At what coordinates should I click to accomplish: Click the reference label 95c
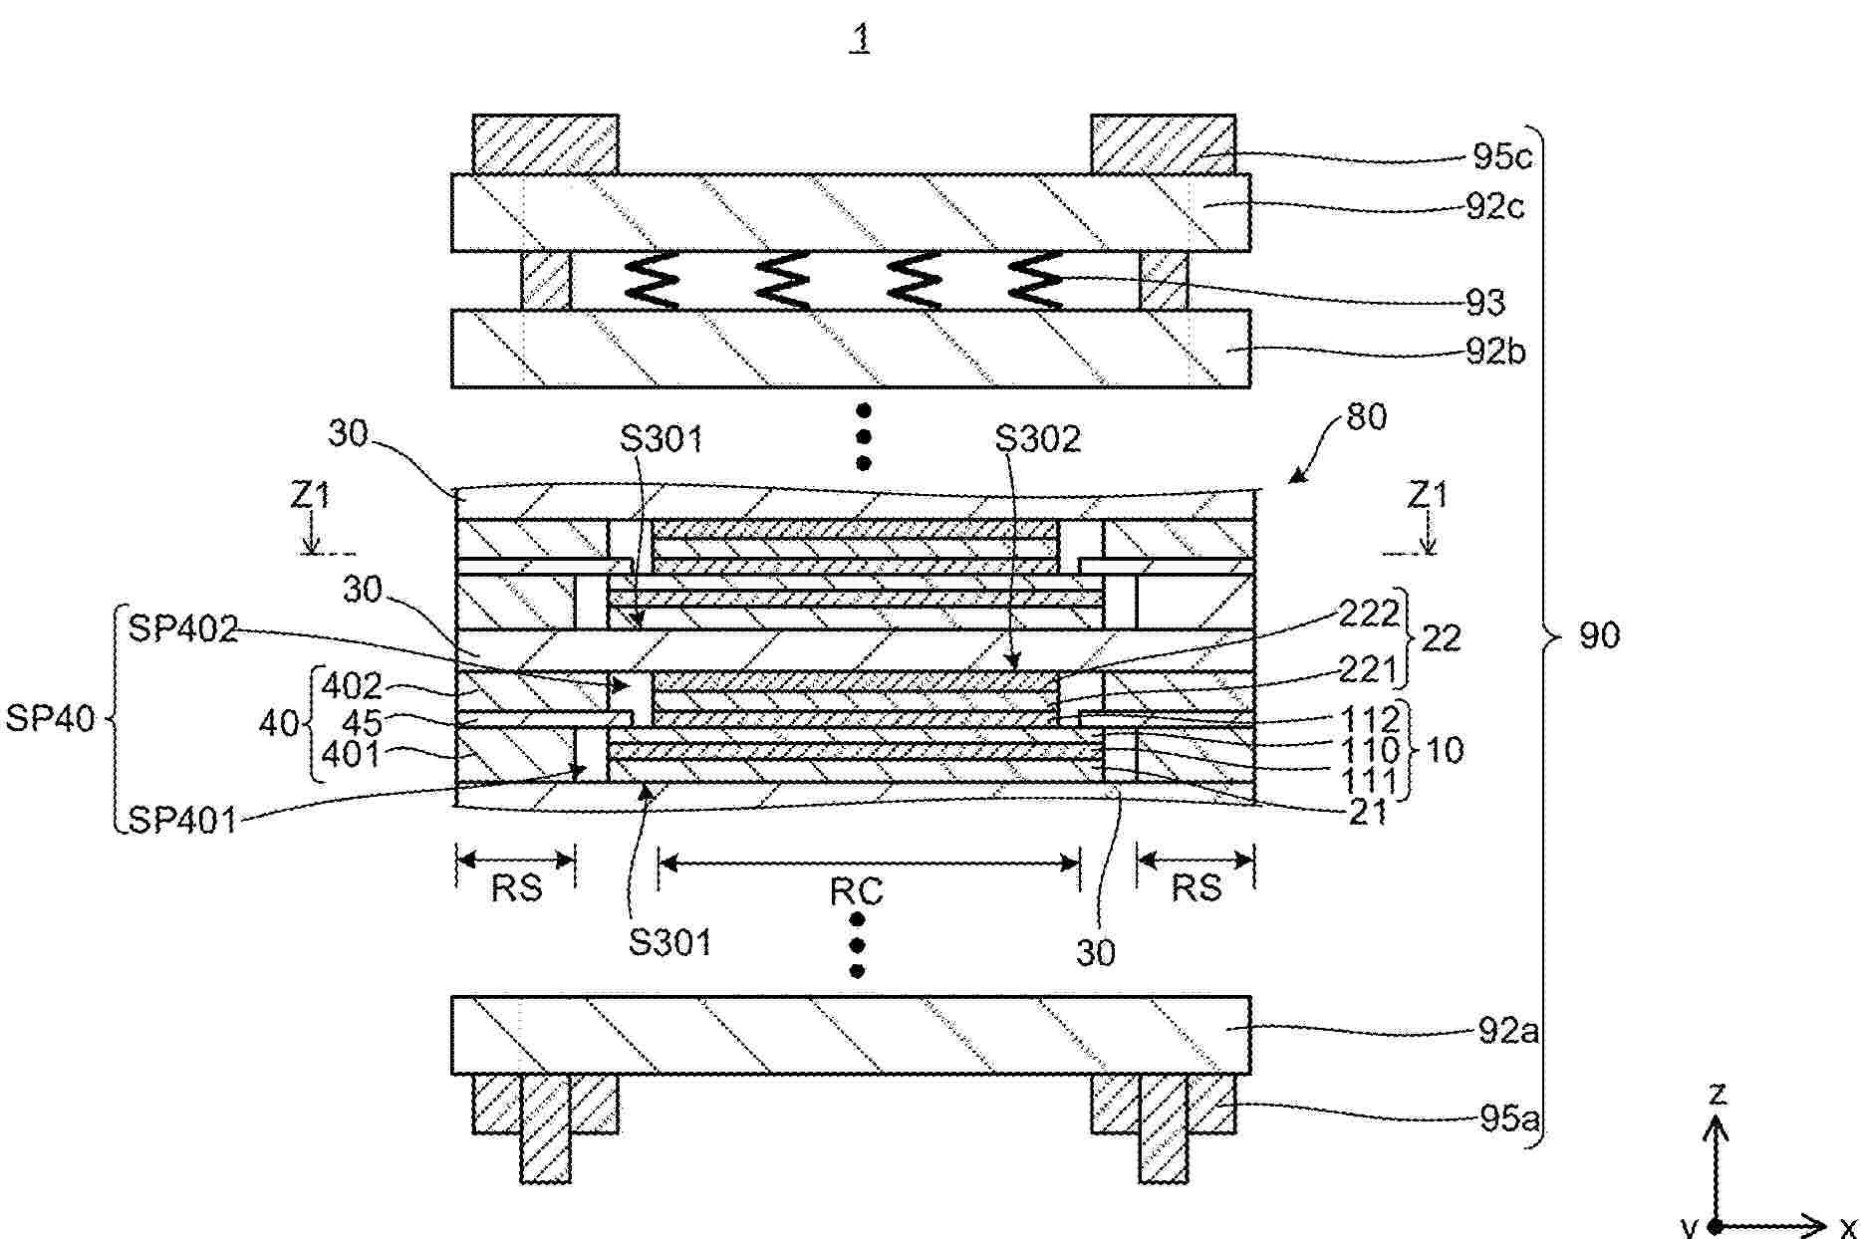coord(1501,156)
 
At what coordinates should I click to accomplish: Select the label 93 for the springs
coord(1484,301)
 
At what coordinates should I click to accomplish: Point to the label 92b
coord(1495,352)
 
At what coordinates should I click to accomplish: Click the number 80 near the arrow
coord(1366,416)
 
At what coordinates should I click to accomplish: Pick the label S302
coord(1038,438)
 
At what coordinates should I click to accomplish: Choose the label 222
coord(1369,614)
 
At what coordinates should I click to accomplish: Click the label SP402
coord(183,629)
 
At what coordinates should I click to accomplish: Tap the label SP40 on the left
coord(50,718)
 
